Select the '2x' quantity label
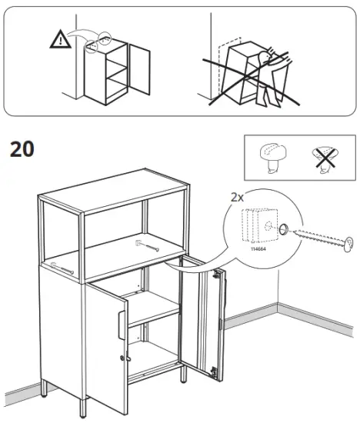(240, 197)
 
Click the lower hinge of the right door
(222, 322)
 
